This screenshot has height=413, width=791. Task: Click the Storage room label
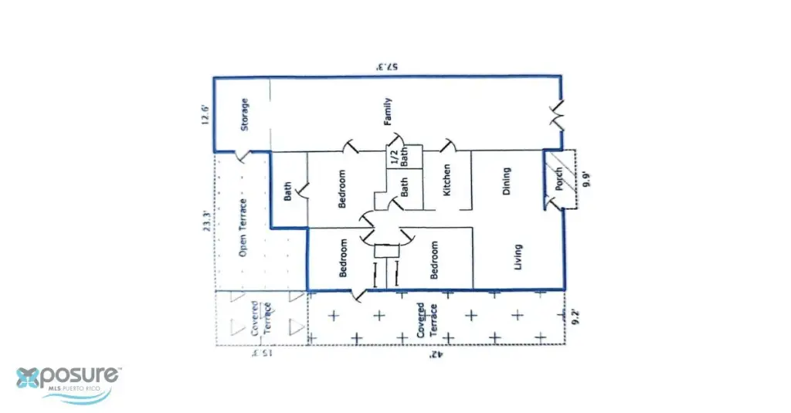coord(243,114)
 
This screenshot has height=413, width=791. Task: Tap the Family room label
coord(389,111)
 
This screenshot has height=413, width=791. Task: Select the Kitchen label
coord(446,180)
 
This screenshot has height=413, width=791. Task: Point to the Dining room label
coord(507,181)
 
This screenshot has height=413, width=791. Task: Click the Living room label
coord(517,258)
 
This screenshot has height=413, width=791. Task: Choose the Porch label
coord(559,179)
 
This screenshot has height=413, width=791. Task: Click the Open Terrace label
coord(243,228)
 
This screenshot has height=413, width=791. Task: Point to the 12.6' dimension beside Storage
coord(205,113)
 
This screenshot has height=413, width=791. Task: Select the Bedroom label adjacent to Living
coord(434,259)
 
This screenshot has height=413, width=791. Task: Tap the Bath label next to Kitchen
coord(404,186)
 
